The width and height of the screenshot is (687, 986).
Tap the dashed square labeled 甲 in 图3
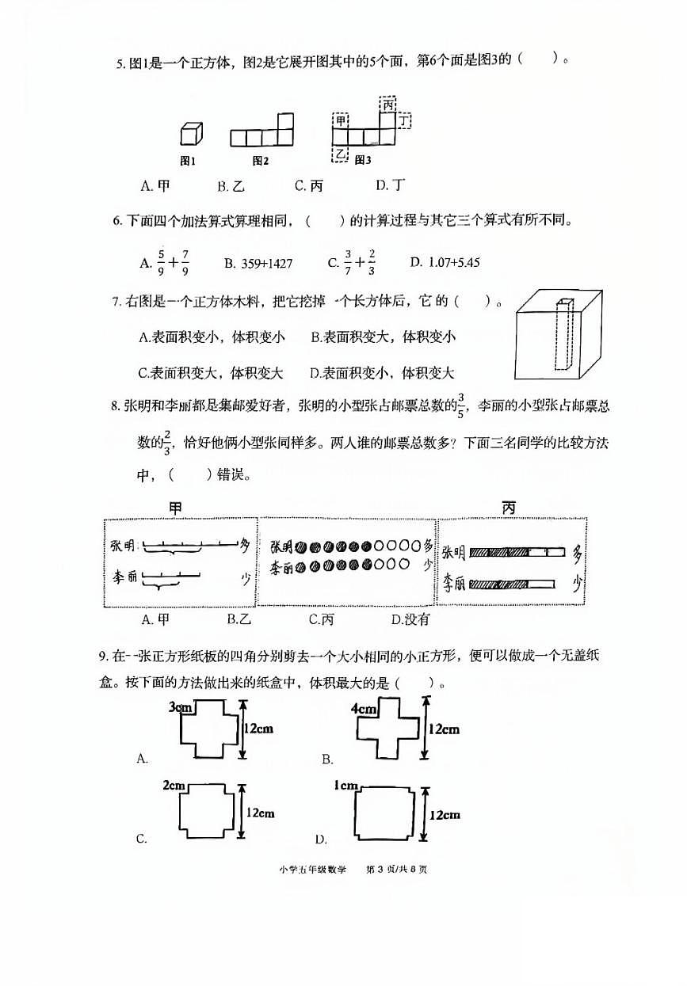(x=341, y=120)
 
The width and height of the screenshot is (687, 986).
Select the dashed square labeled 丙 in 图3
(x=387, y=104)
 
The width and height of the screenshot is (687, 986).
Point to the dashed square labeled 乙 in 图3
(x=341, y=154)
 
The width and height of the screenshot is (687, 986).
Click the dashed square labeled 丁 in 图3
(x=405, y=120)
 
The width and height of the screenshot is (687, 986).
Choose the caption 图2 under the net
(x=261, y=161)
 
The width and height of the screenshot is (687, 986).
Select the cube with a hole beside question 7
(x=555, y=337)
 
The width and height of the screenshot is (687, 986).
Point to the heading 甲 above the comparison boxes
(x=176, y=507)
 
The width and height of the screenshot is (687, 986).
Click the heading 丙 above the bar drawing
(x=508, y=507)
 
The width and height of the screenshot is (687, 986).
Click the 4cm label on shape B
(x=363, y=708)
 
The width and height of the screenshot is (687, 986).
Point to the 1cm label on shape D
(x=345, y=786)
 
